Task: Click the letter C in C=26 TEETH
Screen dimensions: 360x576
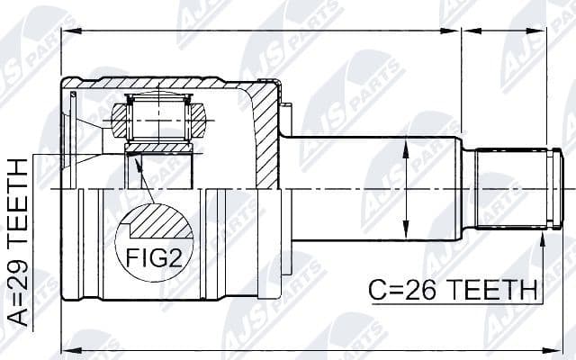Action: [x=378, y=291]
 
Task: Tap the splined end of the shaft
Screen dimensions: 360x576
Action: [x=512, y=189]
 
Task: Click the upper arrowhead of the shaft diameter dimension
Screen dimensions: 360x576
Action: [x=408, y=148]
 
